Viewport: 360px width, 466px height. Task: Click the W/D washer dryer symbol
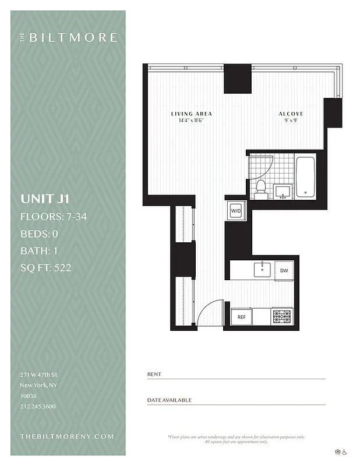coord(236,210)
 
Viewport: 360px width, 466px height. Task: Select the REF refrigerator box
coord(241,317)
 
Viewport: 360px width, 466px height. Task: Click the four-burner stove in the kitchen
coord(282,317)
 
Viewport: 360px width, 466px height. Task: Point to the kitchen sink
coord(262,269)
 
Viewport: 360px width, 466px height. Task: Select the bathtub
coord(305,176)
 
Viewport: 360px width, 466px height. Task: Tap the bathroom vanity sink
coord(284,191)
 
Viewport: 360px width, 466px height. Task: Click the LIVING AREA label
coord(191,114)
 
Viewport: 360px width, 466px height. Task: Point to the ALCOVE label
coord(290,114)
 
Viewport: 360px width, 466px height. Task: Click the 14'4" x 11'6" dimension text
coord(191,121)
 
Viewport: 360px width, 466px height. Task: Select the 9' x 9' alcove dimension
coord(290,121)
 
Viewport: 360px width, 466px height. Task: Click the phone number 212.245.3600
coord(38,406)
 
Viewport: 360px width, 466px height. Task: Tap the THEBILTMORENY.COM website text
coord(66,436)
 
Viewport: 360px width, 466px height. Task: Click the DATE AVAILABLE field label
coord(169,400)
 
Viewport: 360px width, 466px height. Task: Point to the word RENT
coord(154,374)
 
